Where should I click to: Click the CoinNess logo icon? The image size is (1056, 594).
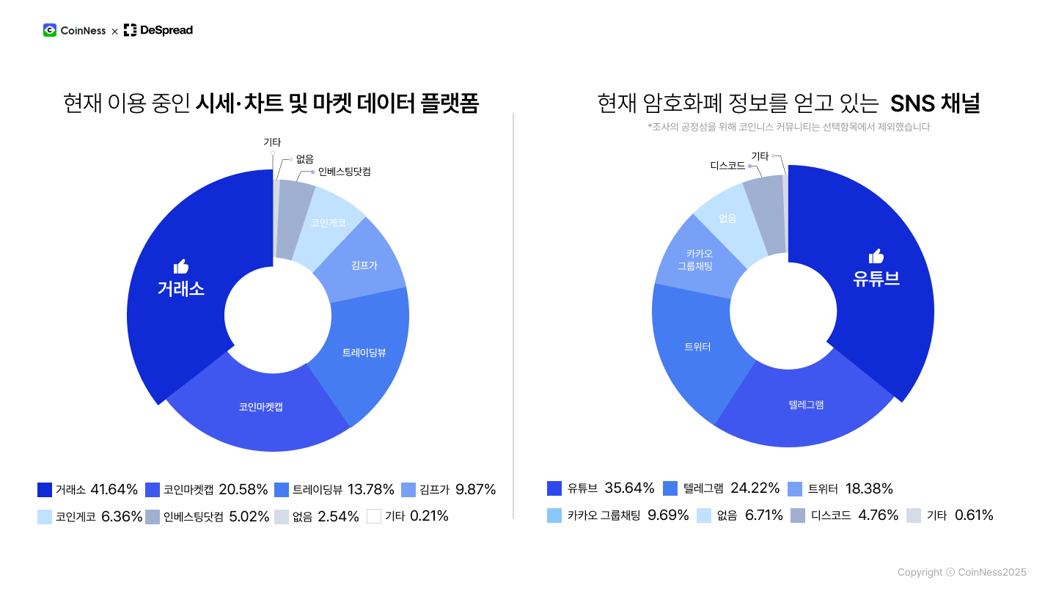(50, 30)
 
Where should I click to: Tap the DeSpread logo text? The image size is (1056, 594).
(166, 30)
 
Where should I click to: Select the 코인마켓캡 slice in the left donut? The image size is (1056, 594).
(260, 406)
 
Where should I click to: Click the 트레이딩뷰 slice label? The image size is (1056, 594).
(364, 353)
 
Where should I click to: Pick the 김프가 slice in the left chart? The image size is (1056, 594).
(364, 265)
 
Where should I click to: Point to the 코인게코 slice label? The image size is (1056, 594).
(328, 223)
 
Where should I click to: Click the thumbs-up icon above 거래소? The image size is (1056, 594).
(181, 266)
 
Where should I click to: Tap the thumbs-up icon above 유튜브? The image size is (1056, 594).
(876, 256)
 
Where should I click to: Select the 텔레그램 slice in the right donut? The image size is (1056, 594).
(806, 404)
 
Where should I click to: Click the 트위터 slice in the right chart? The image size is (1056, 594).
(697, 347)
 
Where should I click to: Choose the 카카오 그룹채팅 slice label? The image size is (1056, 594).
(694, 260)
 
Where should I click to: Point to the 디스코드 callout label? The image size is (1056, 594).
(727, 166)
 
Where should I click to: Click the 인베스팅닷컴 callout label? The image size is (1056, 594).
(344, 172)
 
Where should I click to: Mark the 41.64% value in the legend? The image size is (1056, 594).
(114, 489)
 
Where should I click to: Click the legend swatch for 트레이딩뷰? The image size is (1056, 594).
(282, 489)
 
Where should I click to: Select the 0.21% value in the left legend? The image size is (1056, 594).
(429, 516)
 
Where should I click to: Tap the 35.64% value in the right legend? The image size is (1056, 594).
(629, 488)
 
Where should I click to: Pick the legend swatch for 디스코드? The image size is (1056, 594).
(798, 515)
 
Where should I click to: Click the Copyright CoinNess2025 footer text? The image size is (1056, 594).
(961, 572)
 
